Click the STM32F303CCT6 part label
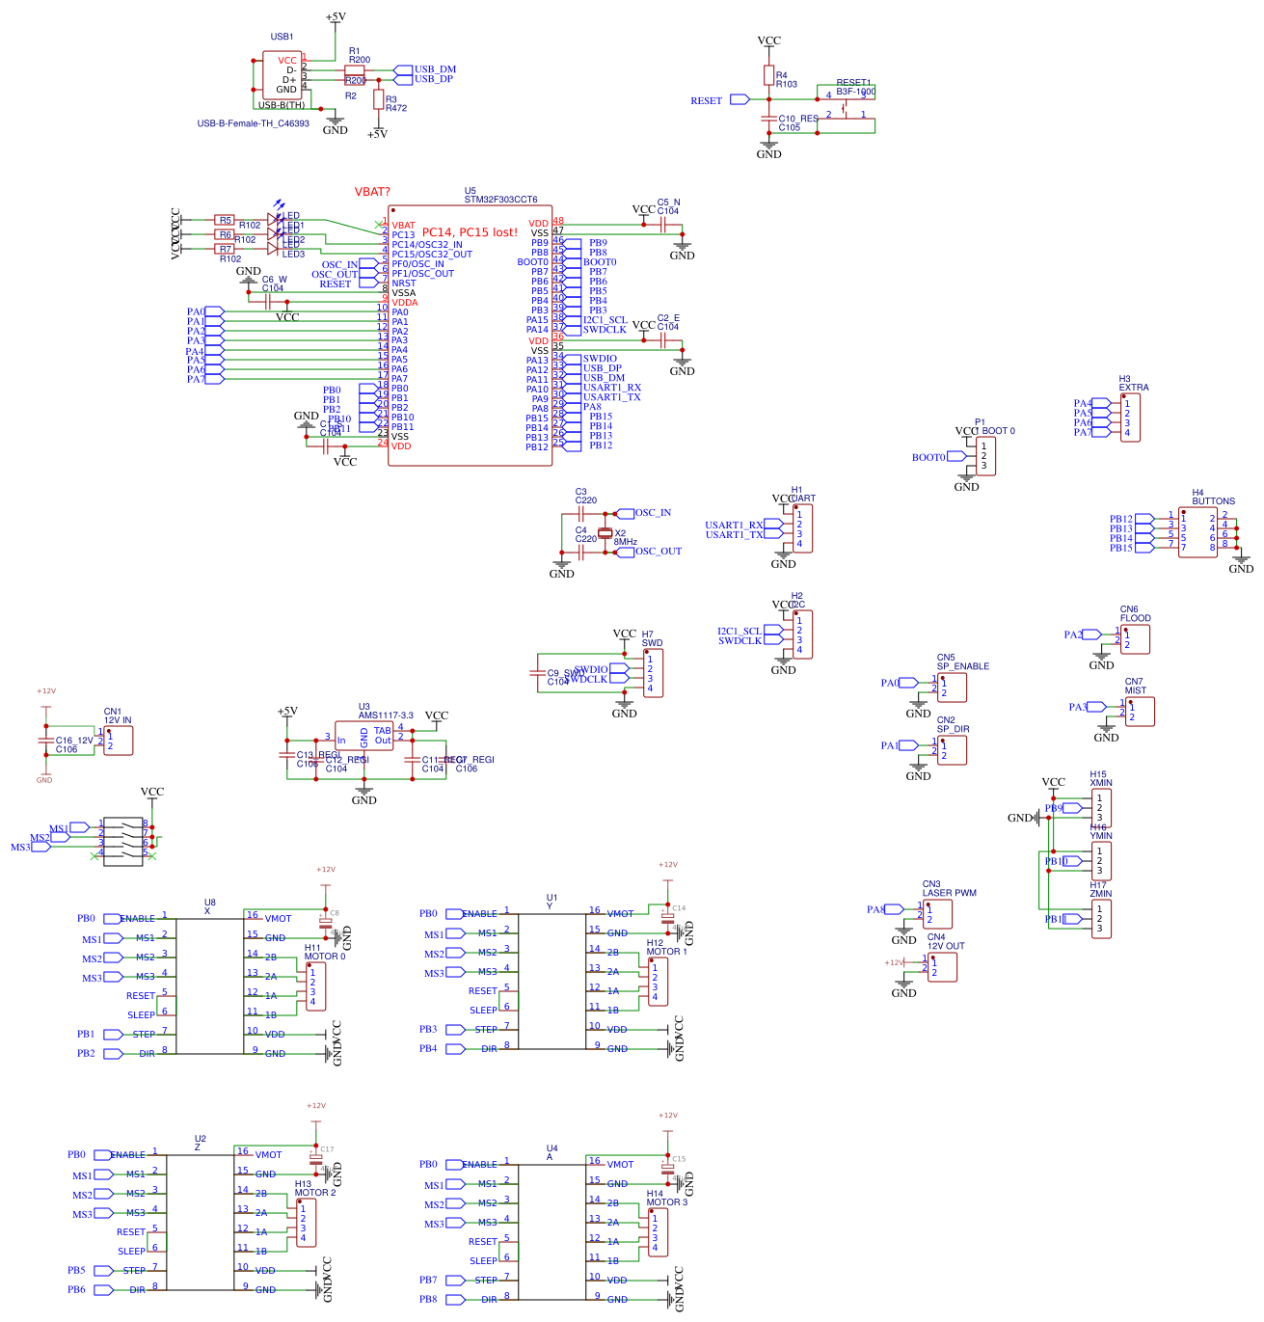[x=500, y=200]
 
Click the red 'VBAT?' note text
[x=372, y=192]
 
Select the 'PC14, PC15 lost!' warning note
[x=470, y=232]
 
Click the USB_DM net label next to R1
[x=435, y=69]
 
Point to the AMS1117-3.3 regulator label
[x=386, y=715]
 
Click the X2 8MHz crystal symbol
[x=605, y=533]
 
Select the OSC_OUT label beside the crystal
[x=658, y=552]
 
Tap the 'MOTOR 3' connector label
[x=667, y=1202]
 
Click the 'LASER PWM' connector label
[x=949, y=893]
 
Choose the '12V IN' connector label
[x=118, y=720]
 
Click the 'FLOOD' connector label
[x=1135, y=618]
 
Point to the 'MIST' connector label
[x=1136, y=690]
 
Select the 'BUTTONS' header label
[x=1213, y=501]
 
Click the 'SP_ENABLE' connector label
[x=962, y=666]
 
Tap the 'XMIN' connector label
[x=1100, y=783]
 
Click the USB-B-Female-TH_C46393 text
[x=253, y=123]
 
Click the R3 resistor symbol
[x=378, y=98]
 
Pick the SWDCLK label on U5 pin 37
[x=605, y=330]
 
